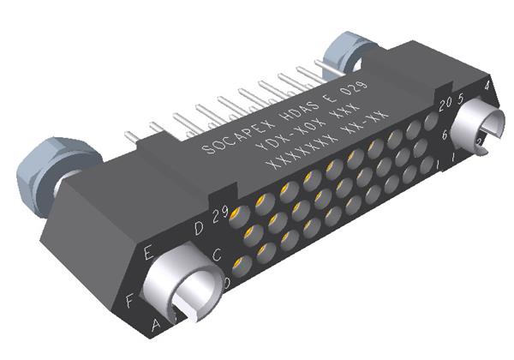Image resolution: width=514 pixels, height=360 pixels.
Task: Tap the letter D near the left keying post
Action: tap(199, 227)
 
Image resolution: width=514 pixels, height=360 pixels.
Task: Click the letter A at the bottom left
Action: tap(156, 323)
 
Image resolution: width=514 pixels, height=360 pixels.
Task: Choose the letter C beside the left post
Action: tap(217, 254)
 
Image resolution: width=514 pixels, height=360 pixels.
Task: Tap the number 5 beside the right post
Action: tap(460, 98)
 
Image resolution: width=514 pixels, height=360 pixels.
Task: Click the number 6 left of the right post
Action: tap(445, 135)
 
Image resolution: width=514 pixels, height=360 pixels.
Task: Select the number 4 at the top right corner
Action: tap(487, 86)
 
